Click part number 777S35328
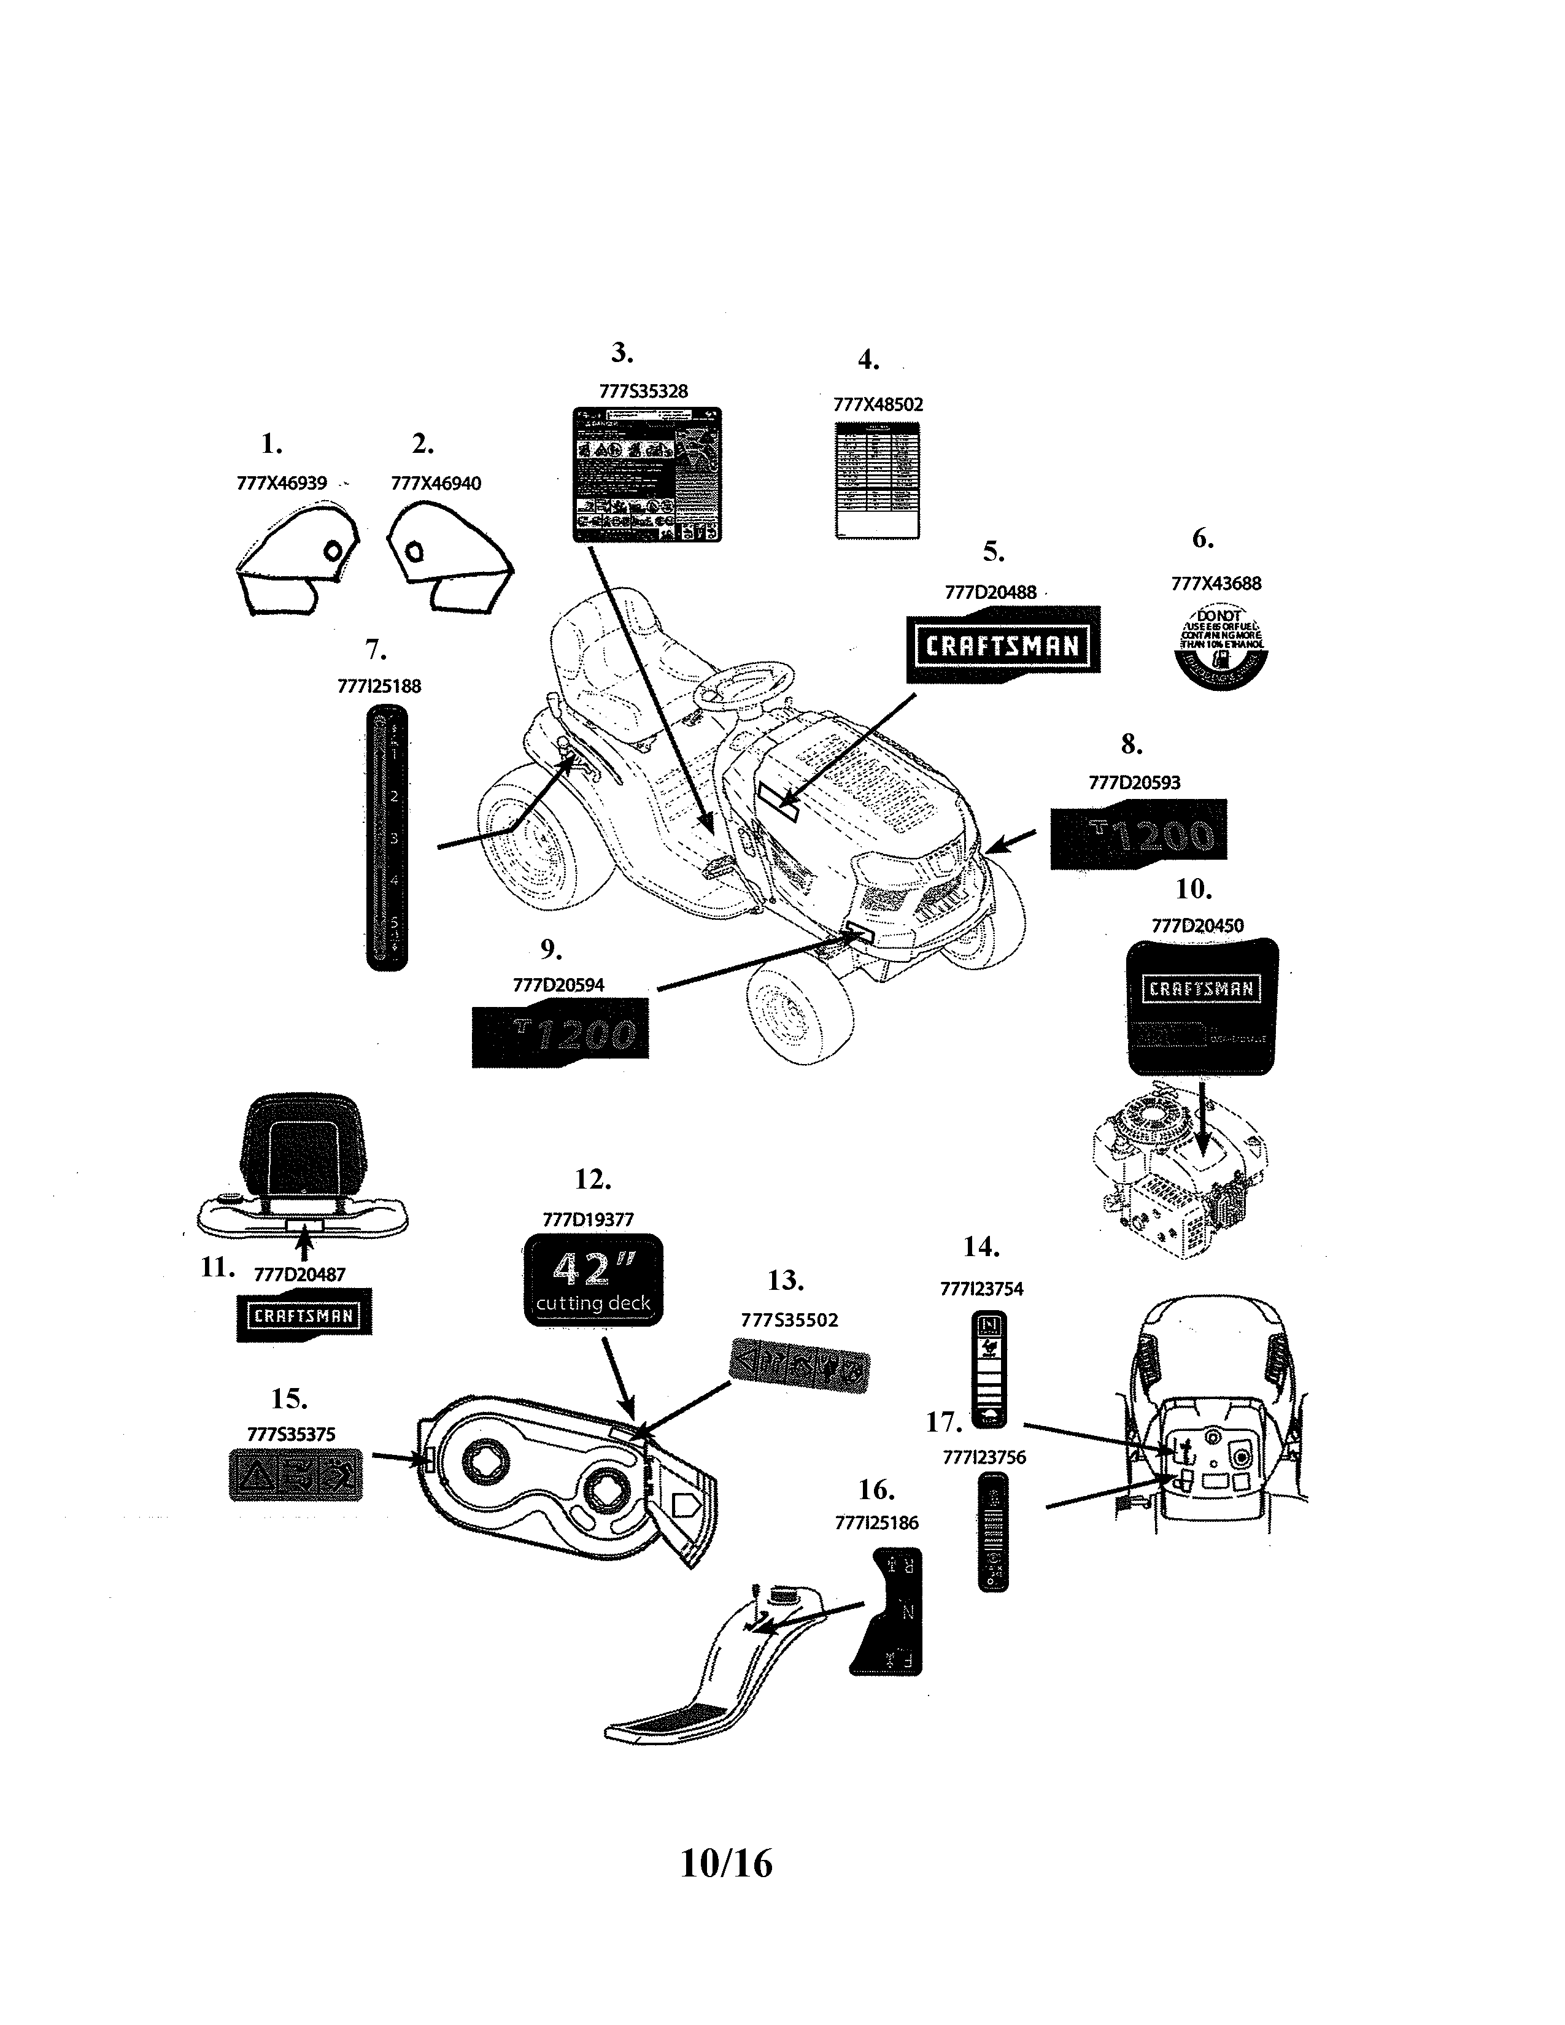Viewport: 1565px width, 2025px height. [x=643, y=391]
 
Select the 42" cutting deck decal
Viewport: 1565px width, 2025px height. [x=593, y=1279]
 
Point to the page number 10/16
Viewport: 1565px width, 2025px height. [x=726, y=1863]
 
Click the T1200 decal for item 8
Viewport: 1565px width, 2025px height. [x=1138, y=835]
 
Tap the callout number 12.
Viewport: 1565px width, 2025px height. [x=592, y=1179]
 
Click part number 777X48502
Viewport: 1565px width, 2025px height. [x=878, y=404]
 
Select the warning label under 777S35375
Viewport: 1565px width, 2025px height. [x=295, y=1474]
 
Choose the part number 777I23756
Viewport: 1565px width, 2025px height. [x=984, y=1457]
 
